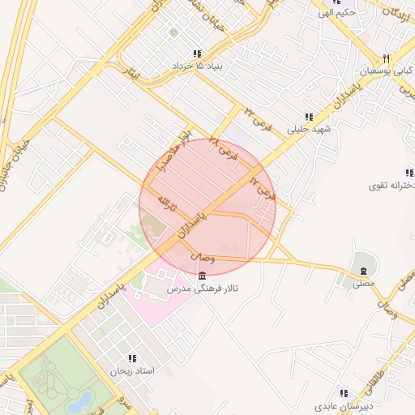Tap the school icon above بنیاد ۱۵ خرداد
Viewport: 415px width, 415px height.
coord(197,53)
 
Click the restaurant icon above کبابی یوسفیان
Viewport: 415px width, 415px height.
coord(387,58)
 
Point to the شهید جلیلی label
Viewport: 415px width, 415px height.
coord(308,129)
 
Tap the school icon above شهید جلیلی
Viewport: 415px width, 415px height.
coord(308,117)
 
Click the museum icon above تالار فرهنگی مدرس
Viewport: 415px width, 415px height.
coord(202,276)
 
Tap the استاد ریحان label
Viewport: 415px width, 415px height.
coord(131,370)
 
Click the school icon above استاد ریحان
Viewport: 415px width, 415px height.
coord(131,358)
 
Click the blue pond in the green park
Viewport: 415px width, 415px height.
coord(83,400)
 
